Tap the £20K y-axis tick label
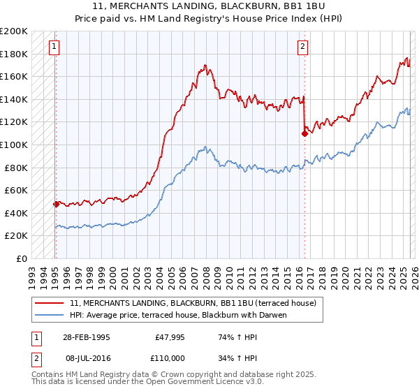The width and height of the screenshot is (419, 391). click(x=16, y=236)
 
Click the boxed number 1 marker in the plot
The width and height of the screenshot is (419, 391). click(x=54, y=47)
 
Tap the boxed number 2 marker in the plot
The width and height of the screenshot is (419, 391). click(x=302, y=47)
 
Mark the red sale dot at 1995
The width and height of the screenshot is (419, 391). click(x=56, y=204)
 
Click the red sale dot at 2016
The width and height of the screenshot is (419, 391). click(x=304, y=133)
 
